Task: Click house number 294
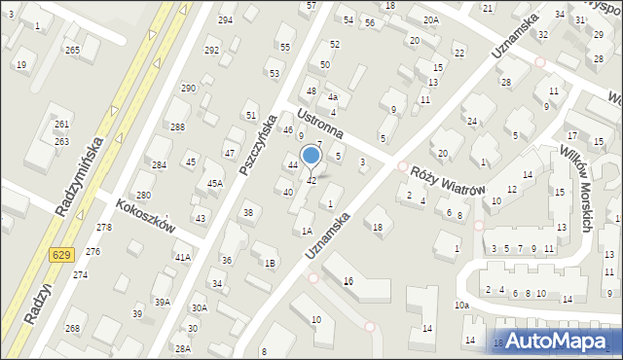coord(226,20)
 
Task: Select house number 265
coord(72,50)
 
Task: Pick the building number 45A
coord(215,183)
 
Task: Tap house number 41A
coord(182,257)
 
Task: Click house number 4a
coord(332,97)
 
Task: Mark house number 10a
coord(461,306)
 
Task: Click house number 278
coord(104,227)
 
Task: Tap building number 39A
coord(163,303)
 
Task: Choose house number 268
coord(72,328)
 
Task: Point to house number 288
coord(177,127)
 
